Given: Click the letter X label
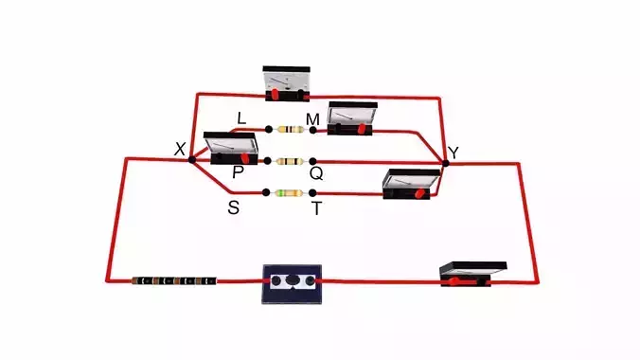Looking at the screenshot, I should [180, 148].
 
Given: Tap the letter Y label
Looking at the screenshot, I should [453, 153].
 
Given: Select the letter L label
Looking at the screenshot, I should [241, 118].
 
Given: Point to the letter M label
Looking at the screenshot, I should [312, 118].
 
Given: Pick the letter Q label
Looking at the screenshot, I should [316, 173].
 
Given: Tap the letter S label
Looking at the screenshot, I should [233, 207].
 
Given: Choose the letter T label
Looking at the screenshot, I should [316, 208].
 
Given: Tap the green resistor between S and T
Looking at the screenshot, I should [288, 193].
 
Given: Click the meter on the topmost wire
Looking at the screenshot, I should [287, 82].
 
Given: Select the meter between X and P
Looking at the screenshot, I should [230, 147].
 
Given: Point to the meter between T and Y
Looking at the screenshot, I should [411, 183].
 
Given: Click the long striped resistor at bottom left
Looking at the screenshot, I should [173, 280].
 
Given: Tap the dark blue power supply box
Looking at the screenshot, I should [292, 283].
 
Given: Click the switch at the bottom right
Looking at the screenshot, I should [471, 274].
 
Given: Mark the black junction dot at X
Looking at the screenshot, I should [191, 160].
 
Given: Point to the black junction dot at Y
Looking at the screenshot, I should [445, 163].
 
